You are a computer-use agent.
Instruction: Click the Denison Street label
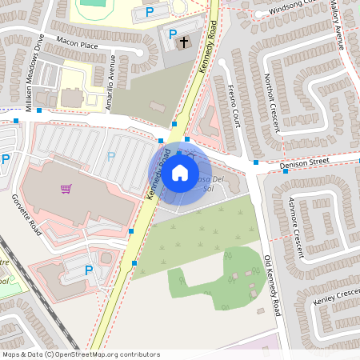pyautogui.click(x=305, y=162)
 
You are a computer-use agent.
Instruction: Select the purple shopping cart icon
pyautogui.click(x=66, y=190)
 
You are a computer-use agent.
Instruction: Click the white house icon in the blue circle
pyautogui.click(x=180, y=172)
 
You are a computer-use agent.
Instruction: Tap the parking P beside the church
pyautogui.click(x=172, y=33)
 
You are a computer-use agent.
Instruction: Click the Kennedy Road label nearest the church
pyautogui.click(x=207, y=49)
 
